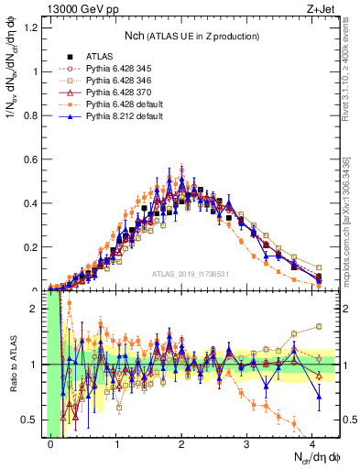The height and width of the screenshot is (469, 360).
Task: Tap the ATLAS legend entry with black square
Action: pos(99,55)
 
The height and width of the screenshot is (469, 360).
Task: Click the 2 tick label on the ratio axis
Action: pos(38,309)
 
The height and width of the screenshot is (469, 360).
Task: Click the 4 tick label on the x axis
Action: pos(312,443)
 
